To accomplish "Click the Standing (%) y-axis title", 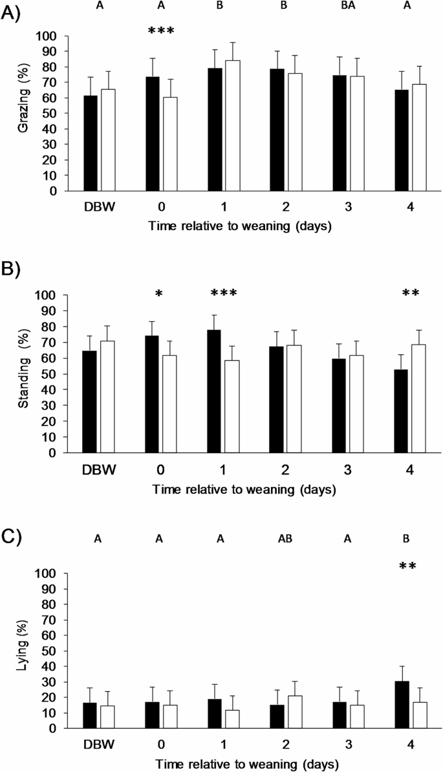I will click(23, 374).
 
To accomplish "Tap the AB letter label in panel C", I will click(286, 538).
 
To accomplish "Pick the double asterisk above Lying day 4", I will click(407, 567).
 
